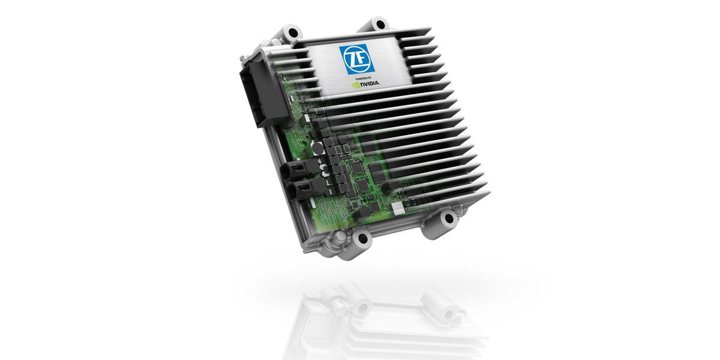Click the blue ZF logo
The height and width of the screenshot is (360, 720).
click(357, 59)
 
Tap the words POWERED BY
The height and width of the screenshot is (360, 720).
click(364, 78)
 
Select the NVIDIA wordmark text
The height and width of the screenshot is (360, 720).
click(370, 83)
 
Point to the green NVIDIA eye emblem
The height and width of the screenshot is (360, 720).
click(356, 85)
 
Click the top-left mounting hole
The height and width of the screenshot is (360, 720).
click(293, 32)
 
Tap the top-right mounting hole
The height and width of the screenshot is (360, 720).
click(380, 24)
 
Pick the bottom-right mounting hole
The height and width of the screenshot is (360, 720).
click(449, 219)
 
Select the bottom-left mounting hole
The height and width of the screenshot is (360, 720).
click(362, 239)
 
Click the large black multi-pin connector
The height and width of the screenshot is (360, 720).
click(260, 93)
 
